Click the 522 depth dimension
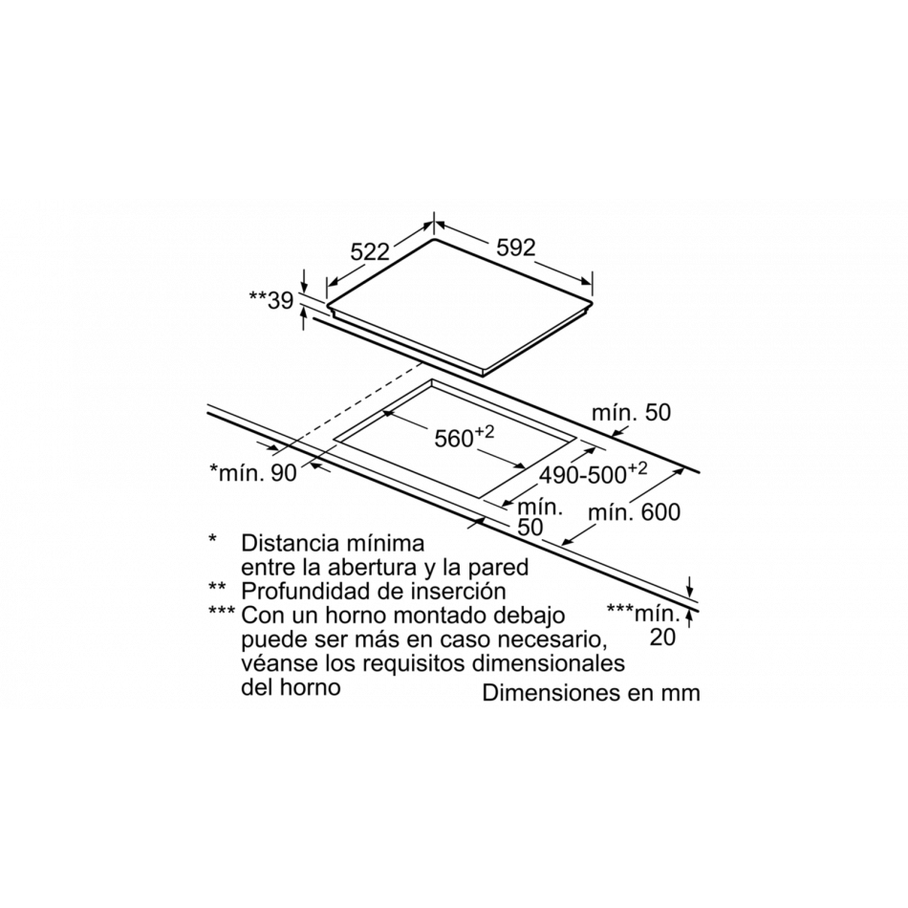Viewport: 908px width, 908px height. (x=370, y=252)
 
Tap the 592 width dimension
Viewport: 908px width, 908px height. (x=516, y=248)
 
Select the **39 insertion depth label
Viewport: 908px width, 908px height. (x=271, y=300)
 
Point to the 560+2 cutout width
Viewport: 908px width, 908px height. (x=465, y=437)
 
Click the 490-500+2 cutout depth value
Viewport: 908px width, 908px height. (x=593, y=473)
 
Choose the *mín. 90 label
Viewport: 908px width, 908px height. (x=253, y=472)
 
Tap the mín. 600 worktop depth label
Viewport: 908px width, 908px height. (x=634, y=512)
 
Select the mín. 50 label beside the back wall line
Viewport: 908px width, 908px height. (x=631, y=413)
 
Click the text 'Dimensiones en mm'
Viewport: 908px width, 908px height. (x=592, y=693)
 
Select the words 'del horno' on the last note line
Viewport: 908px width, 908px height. (x=291, y=687)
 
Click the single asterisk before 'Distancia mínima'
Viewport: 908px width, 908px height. (x=212, y=539)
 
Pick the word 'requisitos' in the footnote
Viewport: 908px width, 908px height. (x=415, y=663)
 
